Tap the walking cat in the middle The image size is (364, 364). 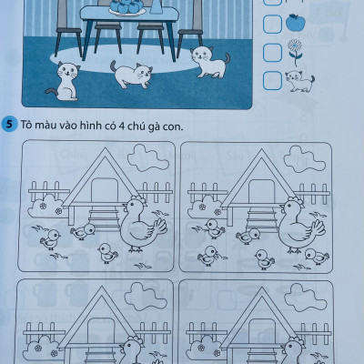133,76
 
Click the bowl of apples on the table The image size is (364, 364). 125,7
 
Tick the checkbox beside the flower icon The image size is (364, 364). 272,52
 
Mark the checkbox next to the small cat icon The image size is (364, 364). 272,81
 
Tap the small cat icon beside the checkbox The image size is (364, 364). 297,82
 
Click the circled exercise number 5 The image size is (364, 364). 8,125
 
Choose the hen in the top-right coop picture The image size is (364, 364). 298,223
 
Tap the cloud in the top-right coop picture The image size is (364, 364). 304,161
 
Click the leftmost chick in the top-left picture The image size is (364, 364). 50,240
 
